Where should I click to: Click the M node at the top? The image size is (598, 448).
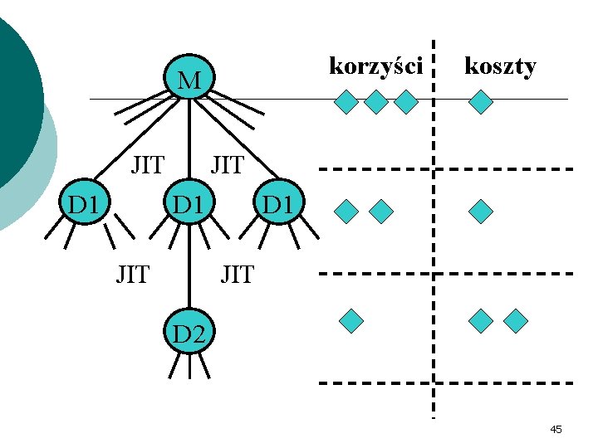(189, 80)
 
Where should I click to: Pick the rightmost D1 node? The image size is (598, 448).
(278, 203)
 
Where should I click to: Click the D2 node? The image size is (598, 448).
(189, 334)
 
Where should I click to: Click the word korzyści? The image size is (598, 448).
(376, 66)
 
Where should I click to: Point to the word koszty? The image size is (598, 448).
(500, 66)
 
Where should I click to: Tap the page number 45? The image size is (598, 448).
(556, 429)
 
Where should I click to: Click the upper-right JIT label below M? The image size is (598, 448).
(227, 165)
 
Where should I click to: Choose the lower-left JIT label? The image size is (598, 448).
(132, 273)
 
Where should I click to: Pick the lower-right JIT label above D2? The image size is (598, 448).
(237, 273)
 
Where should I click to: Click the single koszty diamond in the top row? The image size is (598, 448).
(481, 102)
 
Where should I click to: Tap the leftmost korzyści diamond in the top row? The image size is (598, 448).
(346, 102)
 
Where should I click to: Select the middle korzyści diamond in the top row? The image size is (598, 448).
(376, 102)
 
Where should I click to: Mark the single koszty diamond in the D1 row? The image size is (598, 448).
(480, 212)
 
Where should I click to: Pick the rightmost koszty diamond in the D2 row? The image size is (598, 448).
(516, 320)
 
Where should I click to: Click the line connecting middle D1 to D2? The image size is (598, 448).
(190, 270)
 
